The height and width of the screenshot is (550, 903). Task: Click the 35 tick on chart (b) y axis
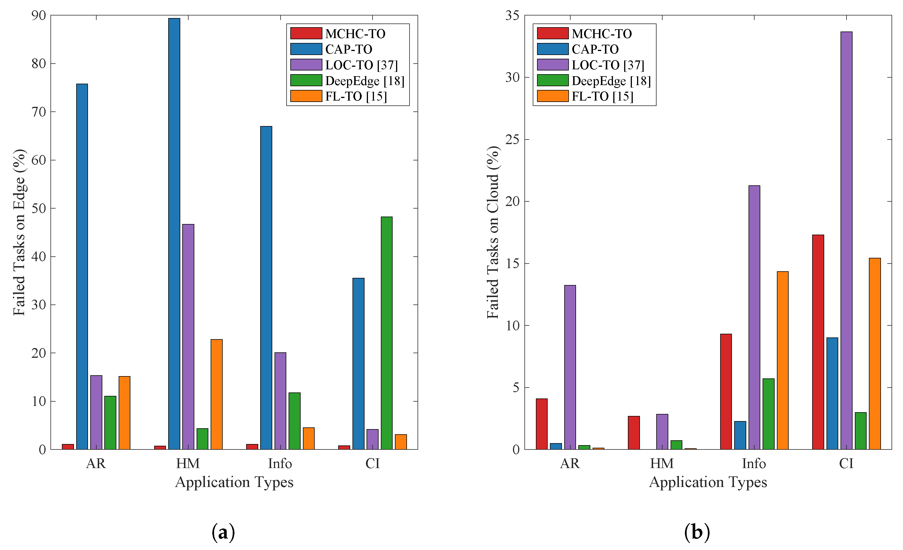click(512, 15)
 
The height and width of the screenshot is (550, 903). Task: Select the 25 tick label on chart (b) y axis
click(512, 140)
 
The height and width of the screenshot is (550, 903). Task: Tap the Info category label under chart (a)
click(280, 463)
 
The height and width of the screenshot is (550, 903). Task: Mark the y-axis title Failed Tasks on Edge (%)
click(19, 232)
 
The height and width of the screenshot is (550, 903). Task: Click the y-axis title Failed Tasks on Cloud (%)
click(493, 232)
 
